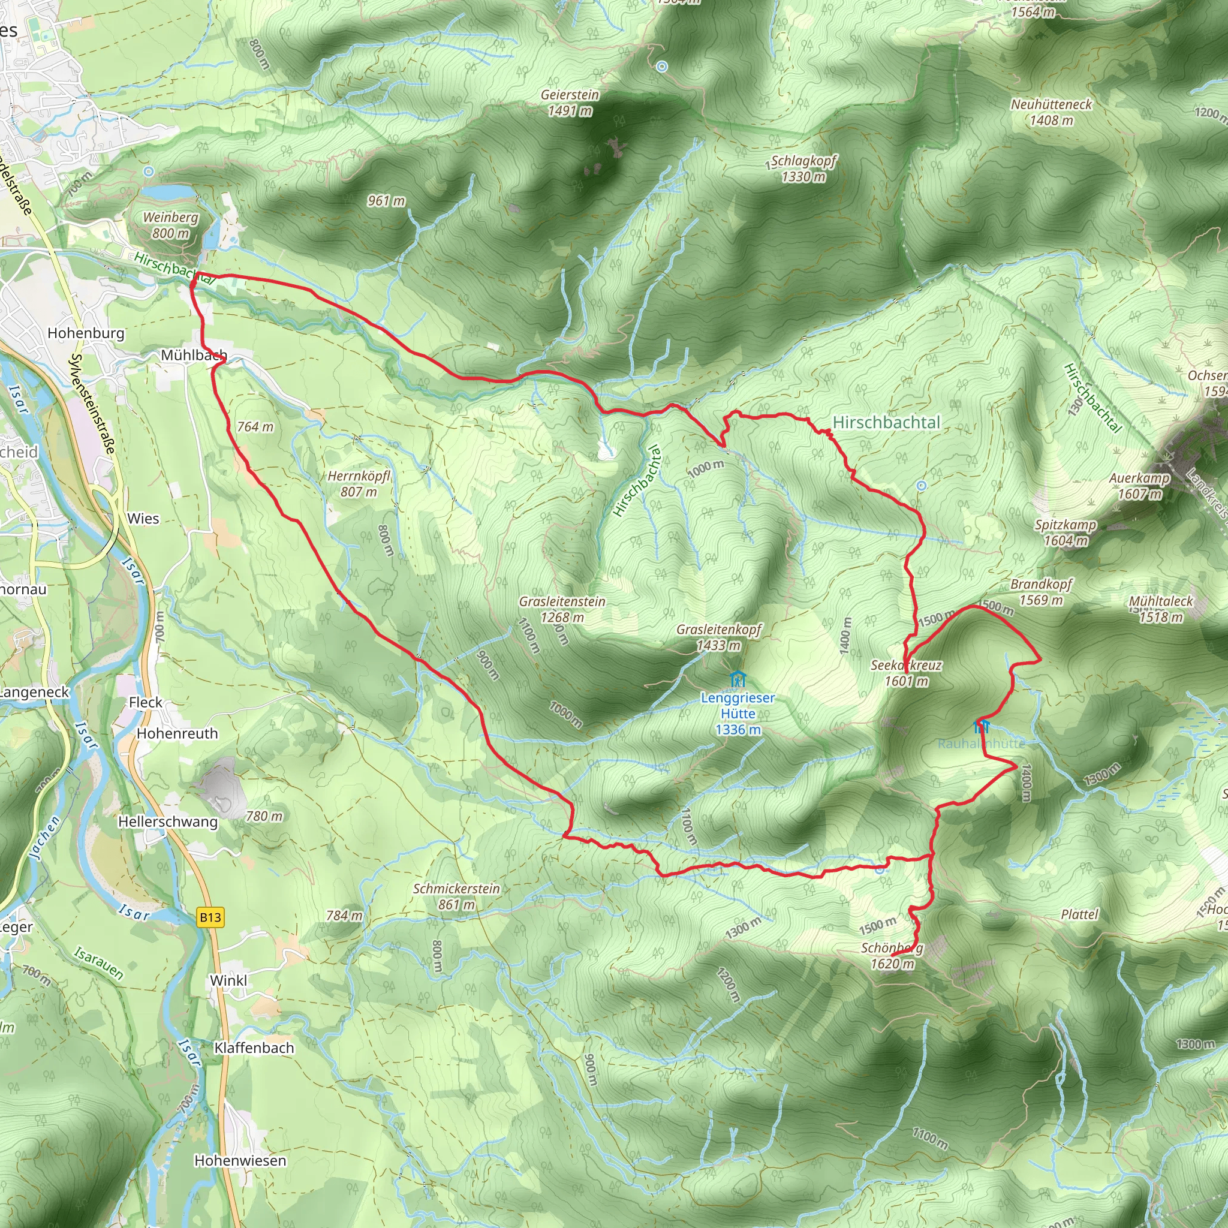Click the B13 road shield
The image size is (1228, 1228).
(210, 917)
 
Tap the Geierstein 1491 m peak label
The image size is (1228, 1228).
(570, 103)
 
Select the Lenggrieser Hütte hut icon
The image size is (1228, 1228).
(737, 678)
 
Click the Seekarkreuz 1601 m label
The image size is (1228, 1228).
(906, 673)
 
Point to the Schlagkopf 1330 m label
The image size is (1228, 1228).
(803, 168)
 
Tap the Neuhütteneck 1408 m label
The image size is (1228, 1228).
(1051, 112)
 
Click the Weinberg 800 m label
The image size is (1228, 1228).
(170, 225)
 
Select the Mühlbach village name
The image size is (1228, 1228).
(193, 356)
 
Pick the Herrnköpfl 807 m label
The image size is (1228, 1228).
(359, 484)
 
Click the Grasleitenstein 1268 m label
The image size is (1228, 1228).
(562, 609)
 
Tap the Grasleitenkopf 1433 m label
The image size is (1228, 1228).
(718, 637)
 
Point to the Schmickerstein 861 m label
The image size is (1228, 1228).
(456, 896)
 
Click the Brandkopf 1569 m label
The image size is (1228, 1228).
(1041, 592)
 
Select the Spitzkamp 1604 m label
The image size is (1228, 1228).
(1066, 532)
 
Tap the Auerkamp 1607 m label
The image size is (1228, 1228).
(1139, 486)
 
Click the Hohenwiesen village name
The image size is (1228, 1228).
(240, 1161)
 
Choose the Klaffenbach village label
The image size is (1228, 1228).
(254, 1048)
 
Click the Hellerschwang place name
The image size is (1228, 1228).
(168, 822)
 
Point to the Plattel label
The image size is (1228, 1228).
(1079, 914)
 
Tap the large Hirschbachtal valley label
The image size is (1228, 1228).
(886, 423)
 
